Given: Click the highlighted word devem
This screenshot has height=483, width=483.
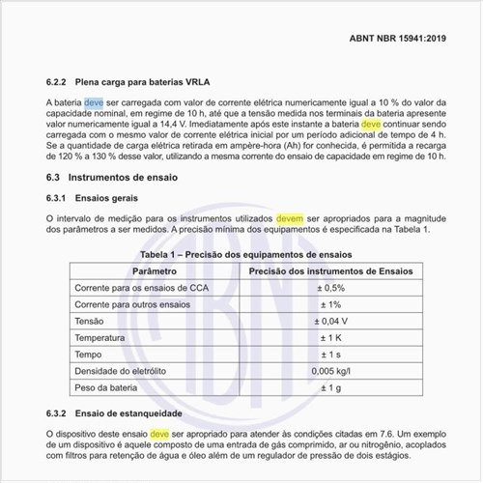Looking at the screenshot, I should [290, 218].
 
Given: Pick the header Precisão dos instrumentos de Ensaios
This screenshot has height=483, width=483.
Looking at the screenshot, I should [331, 271].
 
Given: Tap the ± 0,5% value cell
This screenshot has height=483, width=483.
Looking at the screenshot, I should [331, 289].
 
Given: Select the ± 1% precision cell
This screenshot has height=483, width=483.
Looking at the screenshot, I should [331, 305].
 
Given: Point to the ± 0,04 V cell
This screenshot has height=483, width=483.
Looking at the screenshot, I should [331, 322].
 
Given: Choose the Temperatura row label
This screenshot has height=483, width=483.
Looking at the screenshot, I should [100, 338].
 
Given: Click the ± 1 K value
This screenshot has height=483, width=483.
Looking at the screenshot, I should [331, 338].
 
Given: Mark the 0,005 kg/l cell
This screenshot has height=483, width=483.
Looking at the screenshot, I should [331, 371].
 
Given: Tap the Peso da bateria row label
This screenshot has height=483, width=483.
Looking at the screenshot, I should [106, 388].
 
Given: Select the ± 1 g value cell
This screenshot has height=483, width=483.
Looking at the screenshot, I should [331, 388].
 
